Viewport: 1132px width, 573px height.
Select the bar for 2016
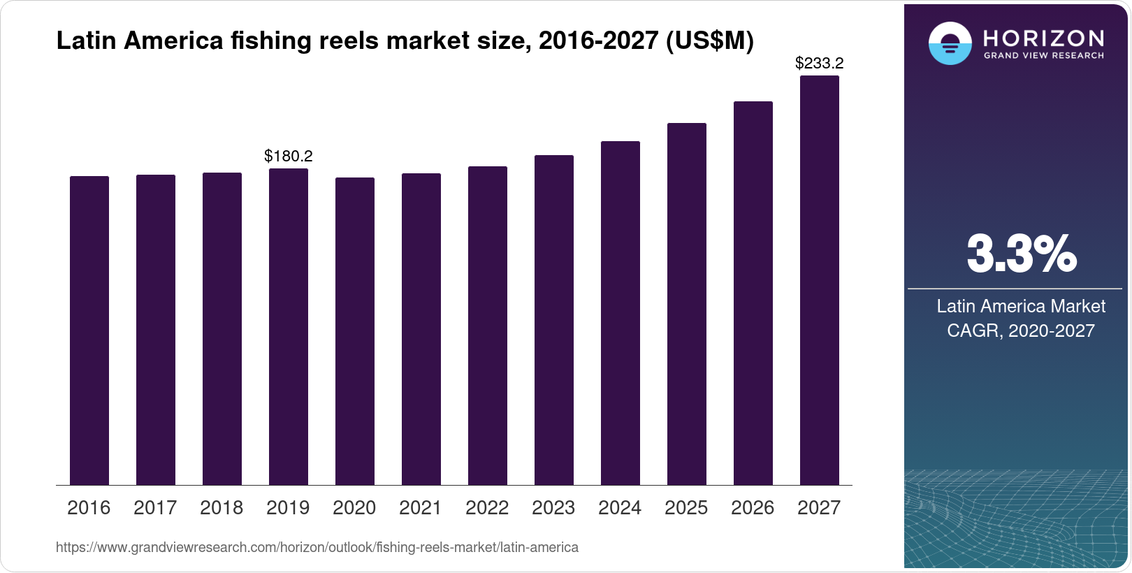tap(89, 331)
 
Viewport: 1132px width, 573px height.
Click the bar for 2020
tap(355, 331)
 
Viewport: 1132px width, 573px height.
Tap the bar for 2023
tap(554, 320)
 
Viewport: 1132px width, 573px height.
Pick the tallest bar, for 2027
tap(820, 280)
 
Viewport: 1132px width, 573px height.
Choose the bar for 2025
tap(687, 304)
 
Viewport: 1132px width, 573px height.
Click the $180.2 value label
tap(289, 156)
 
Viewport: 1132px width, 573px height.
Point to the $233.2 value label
tap(820, 64)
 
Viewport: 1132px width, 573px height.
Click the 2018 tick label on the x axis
tap(222, 508)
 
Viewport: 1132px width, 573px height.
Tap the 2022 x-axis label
tap(487, 508)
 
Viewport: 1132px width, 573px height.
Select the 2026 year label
tap(753, 508)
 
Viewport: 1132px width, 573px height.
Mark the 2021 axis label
tap(421, 508)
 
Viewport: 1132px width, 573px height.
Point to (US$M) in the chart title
tap(709, 41)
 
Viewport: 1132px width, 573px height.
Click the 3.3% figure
tap(1021, 254)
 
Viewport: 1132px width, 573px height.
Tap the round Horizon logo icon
tap(950, 43)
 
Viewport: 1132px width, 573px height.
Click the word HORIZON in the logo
tap(1043, 38)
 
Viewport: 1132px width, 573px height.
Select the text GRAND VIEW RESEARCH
tap(1043, 56)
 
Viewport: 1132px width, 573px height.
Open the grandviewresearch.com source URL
tap(317, 548)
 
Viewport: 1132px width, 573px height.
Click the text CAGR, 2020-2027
tap(1020, 331)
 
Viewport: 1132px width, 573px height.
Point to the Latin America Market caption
tap(1021, 306)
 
